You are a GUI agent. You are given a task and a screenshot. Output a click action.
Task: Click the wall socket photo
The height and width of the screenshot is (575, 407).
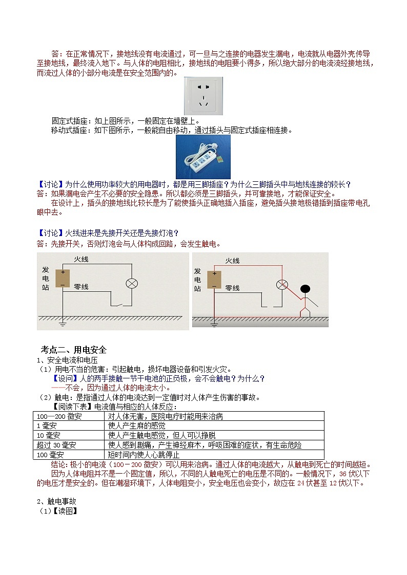[203, 96]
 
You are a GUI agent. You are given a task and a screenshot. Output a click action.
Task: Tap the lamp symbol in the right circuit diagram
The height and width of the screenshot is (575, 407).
[281, 285]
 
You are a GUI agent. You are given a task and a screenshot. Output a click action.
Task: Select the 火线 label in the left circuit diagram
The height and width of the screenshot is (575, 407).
[81, 260]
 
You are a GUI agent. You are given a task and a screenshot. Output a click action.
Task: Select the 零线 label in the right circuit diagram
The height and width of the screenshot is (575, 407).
[232, 288]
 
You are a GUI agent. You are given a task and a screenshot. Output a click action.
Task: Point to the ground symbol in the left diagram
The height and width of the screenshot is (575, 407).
[63, 323]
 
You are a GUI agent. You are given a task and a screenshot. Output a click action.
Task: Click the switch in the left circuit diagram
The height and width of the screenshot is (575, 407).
[119, 305]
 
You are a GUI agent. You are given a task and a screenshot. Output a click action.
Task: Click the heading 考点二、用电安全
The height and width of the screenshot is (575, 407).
[74, 350]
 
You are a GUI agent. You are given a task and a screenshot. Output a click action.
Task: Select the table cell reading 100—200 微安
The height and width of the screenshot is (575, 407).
[59, 416]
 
